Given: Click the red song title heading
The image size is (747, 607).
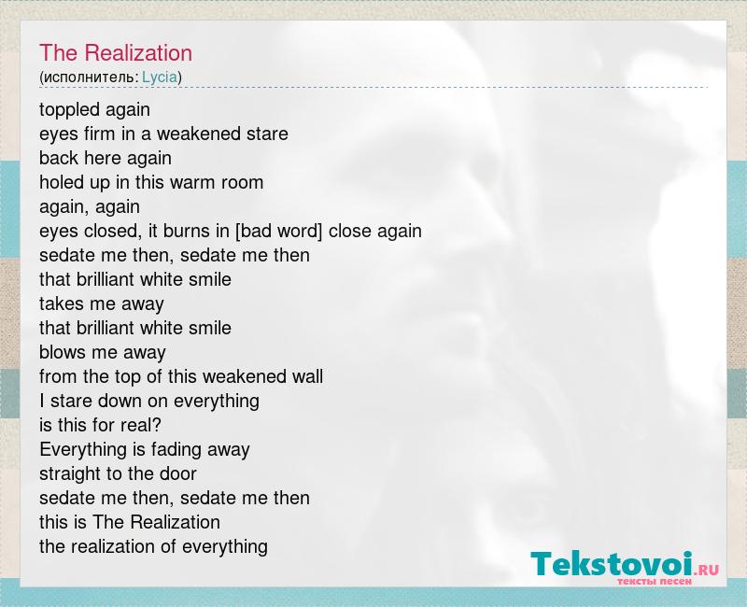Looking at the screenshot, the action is [116, 53].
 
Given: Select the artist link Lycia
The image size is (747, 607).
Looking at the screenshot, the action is [160, 78].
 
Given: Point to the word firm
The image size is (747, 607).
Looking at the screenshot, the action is [100, 134].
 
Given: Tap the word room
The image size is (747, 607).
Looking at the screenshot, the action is [242, 183].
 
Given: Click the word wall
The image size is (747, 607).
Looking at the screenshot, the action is [307, 377].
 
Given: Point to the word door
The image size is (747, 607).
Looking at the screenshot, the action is [178, 474].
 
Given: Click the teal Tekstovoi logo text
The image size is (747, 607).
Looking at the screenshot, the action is [612, 565].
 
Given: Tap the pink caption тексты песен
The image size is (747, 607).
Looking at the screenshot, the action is [655, 582].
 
